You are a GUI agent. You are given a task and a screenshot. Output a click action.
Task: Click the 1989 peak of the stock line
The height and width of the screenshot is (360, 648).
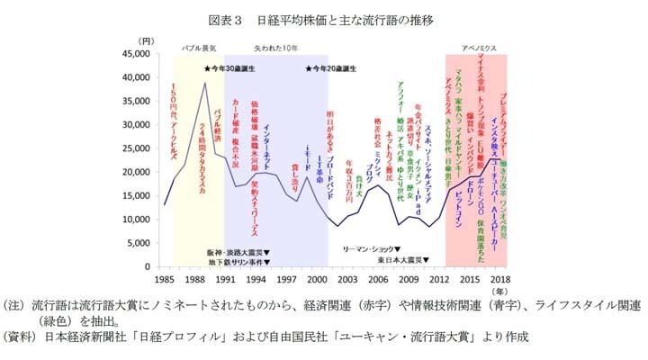coord(205,84)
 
